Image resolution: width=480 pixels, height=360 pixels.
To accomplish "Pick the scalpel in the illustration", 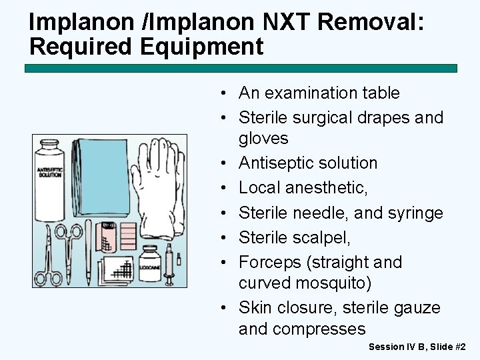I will [x=88, y=253].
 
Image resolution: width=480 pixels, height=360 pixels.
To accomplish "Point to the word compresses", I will [x=319, y=329].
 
